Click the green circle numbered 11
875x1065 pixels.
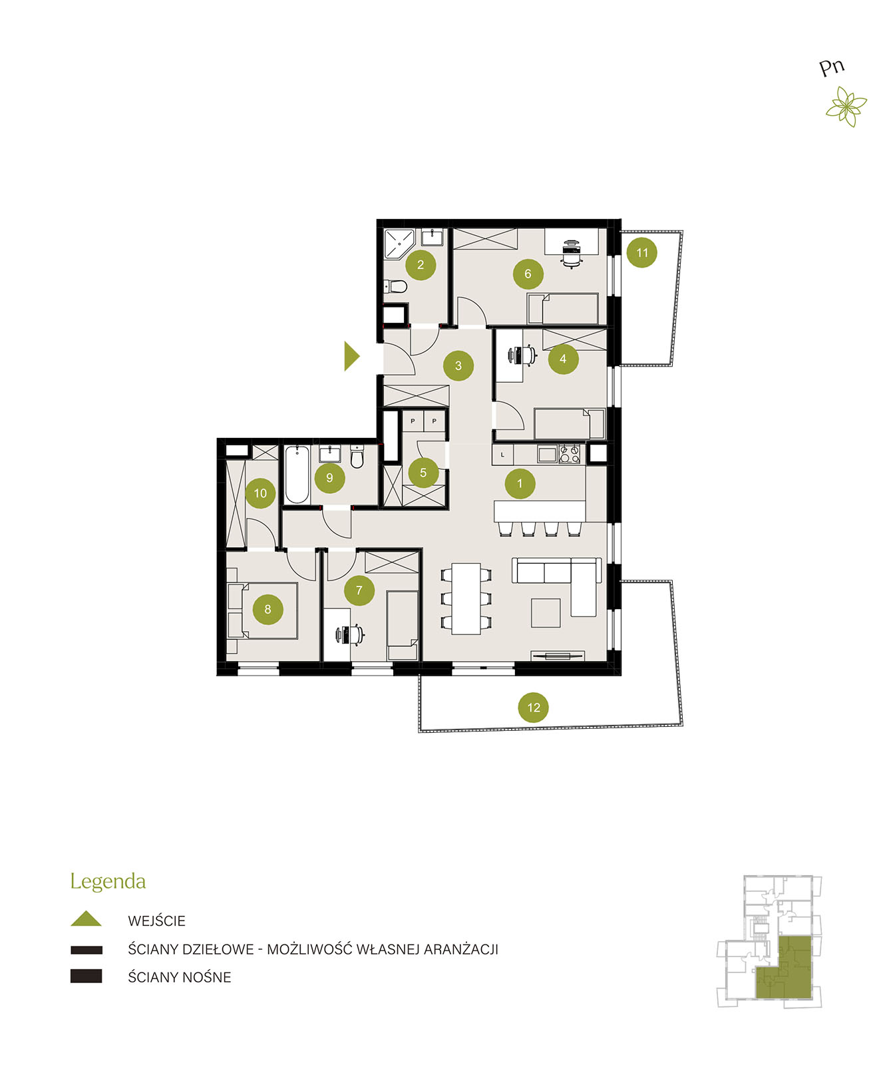641,252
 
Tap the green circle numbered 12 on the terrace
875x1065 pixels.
533,707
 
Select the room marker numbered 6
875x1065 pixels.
528,274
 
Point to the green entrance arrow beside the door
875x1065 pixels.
351,356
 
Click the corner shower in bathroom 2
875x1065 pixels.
398,243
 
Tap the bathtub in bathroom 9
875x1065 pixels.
296,474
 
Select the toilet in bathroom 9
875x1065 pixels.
357,456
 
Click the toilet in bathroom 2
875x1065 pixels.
396,287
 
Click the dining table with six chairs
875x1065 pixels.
466,598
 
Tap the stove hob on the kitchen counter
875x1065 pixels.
569,453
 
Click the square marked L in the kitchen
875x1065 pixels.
502,455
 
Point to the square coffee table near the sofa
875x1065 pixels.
546,612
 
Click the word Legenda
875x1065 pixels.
108,881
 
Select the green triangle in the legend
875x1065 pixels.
86,918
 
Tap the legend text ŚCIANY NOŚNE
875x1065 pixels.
179,977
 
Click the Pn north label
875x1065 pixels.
831,67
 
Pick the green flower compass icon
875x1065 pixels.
846,106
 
